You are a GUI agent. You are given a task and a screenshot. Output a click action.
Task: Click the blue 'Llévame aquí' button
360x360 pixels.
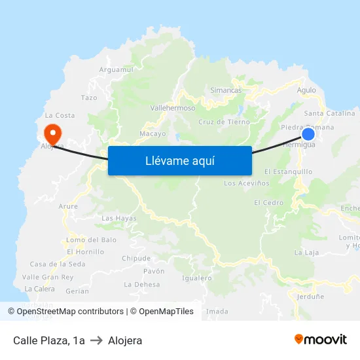click(x=180, y=160)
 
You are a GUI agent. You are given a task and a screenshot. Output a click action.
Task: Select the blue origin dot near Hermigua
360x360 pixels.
click(x=308, y=134)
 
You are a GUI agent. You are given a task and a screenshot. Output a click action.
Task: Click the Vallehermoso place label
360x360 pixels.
click(x=173, y=108)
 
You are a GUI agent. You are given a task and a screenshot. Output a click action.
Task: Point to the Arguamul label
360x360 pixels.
click(x=117, y=69)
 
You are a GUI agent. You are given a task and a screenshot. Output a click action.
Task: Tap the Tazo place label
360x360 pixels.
click(x=89, y=98)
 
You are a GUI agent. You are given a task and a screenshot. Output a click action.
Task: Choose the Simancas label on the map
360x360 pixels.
click(x=226, y=90)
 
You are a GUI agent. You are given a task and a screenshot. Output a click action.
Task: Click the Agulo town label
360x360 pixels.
click(x=306, y=90)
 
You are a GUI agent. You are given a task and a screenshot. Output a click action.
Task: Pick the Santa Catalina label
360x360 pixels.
click(x=334, y=113)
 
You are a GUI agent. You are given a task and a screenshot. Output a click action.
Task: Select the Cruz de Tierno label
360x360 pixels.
click(x=224, y=122)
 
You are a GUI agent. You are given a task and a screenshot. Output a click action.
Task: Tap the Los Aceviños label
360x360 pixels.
click(x=247, y=183)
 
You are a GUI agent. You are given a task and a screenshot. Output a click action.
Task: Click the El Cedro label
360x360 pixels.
click(x=269, y=203)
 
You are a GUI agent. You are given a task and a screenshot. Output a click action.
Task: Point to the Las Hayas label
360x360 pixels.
click(x=119, y=218)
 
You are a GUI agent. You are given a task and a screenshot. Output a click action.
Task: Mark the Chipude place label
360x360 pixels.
click(x=136, y=259)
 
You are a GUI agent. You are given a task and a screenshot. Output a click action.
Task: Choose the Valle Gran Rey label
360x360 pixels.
click(x=52, y=277)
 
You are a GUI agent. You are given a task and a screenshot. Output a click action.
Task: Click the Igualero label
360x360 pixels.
click(x=197, y=278)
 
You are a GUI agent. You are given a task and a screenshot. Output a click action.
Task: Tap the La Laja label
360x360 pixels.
click(x=306, y=252)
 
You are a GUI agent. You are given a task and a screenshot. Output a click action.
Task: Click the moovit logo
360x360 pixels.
click(x=320, y=340)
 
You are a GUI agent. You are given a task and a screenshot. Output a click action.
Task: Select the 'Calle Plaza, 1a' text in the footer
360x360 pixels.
click(x=49, y=340)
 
